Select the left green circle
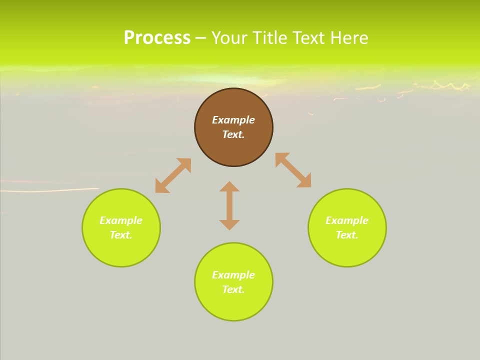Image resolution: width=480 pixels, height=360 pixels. click(121, 250)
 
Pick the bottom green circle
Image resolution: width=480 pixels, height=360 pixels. click(233, 305)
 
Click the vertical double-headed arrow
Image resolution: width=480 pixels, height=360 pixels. click(229, 205)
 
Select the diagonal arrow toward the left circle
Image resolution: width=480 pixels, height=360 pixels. click(173, 175)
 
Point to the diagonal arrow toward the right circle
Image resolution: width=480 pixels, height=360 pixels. click(293, 170)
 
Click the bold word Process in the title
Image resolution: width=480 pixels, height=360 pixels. click(157, 38)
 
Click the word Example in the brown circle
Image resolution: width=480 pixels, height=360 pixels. click(233, 120)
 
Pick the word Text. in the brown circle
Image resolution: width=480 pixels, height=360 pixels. click(233, 134)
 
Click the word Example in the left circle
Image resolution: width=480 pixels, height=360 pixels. click(121, 220)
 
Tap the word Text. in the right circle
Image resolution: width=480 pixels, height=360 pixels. click(347, 235)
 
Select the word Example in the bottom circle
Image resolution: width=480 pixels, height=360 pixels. click(233, 275)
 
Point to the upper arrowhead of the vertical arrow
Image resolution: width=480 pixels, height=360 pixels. click(229, 186)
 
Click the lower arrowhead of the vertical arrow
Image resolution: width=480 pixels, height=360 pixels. click(229, 224)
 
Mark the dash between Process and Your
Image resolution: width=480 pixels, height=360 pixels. click(200, 38)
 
